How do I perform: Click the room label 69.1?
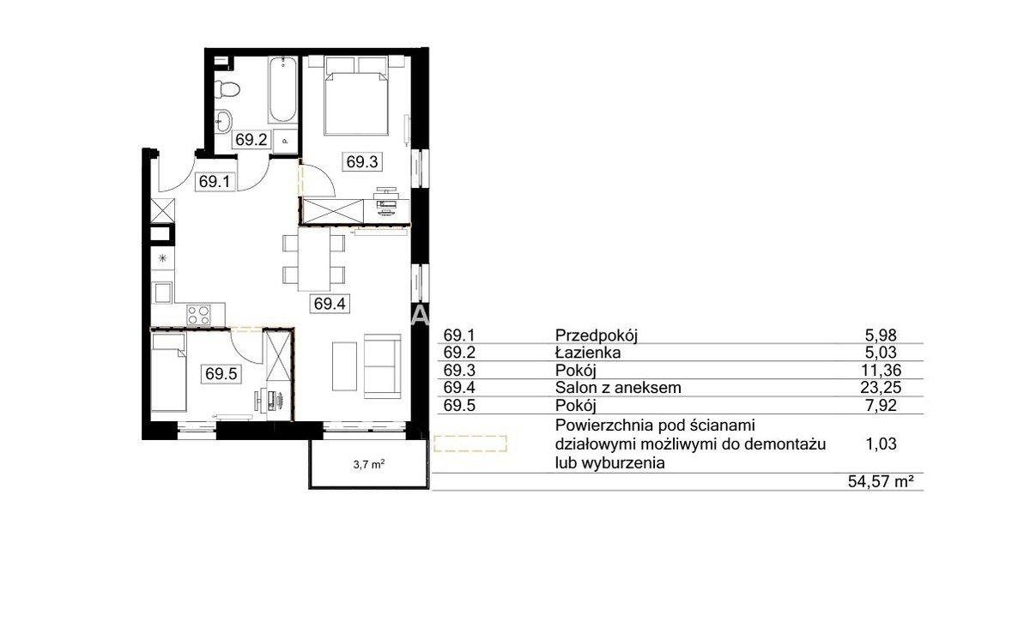pyautogui.click(x=215, y=182)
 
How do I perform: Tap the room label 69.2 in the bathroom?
pyautogui.click(x=251, y=139)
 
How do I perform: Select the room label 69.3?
pyautogui.click(x=362, y=162)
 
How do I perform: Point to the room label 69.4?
pyautogui.click(x=330, y=304)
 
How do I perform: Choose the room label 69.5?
pyautogui.click(x=221, y=374)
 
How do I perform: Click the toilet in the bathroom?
pyautogui.click(x=227, y=89)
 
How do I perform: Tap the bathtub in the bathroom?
pyautogui.click(x=282, y=89)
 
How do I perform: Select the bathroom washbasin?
pyautogui.click(x=224, y=121)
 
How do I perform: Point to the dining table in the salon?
pyautogui.click(x=314, y=260)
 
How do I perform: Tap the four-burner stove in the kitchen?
pyautogui.click(x=198, y=315)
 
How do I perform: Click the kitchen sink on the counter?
pyautogui.click(x=163, y=293)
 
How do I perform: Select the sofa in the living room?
pyautogui.click(x=383, y=366)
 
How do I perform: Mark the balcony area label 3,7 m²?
pyautogui.click(x=369, y=464)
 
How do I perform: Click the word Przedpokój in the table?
pyautogui.click(x=597, y=336)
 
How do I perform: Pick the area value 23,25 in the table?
pyautogui.click(x=881, y=388)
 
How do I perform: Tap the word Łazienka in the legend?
pyautogui.click(x=588, y=353)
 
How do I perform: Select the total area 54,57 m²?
pyautogui.click(x=881, y=482)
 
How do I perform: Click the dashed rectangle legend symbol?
pyautogui.click(x=470, y=444)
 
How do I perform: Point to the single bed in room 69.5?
pyautogui.click(x=169, y=372)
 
